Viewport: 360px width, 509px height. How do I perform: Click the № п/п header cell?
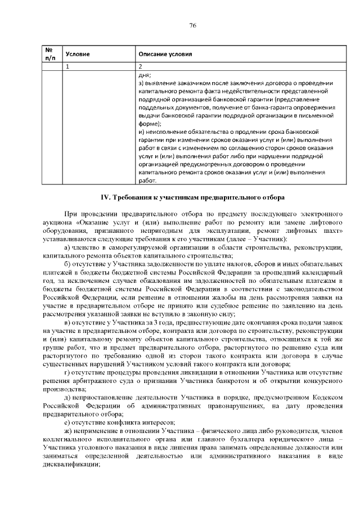49,54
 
